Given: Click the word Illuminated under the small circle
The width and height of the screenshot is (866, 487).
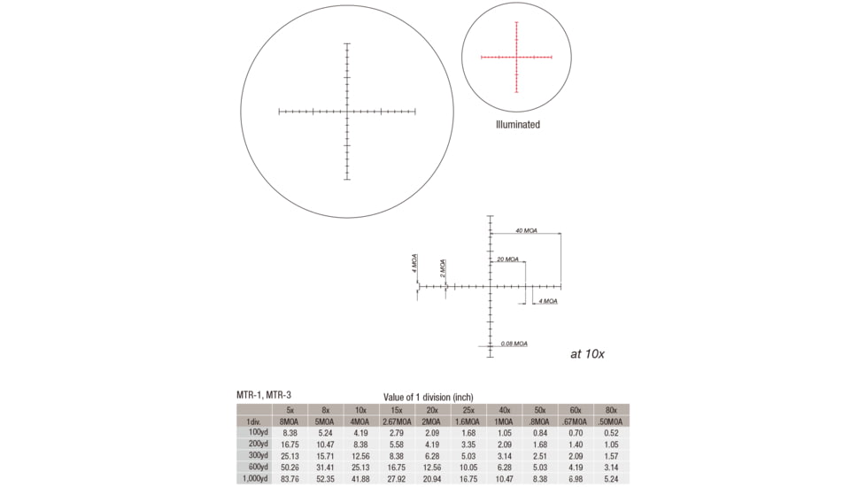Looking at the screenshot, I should (x=517, y=125).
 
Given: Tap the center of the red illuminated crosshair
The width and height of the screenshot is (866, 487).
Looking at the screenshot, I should (x=516, y=58).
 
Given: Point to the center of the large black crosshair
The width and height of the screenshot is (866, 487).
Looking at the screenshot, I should (x=347, y=112).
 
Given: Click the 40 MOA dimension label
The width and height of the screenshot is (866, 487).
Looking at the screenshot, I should (x=526, y=230).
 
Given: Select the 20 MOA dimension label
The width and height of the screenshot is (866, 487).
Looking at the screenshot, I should (x=507, y=259).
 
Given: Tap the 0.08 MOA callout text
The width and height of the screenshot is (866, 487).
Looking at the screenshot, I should (x=514, y=344).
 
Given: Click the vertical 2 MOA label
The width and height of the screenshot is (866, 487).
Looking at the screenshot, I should (x=443, y=268).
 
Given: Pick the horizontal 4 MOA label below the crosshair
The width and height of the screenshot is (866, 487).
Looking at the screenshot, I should (x=548, y=301).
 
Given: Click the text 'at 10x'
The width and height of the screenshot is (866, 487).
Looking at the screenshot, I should (x=587, y=354).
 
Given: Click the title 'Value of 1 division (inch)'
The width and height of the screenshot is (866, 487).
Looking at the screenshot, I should (x=428, y=398).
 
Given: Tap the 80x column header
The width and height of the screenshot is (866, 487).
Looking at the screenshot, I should (x=611, y=410).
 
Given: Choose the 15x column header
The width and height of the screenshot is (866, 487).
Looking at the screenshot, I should (x=397, y=410).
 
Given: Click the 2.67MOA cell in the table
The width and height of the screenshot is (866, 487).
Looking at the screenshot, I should (x=397, y=421).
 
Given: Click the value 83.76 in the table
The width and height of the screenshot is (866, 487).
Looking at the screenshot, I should (x=290, y=479).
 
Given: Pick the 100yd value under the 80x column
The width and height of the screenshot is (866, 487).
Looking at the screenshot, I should (x=611, y=433).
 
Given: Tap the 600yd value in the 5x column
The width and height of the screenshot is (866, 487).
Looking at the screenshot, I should (x=290, y=468).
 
